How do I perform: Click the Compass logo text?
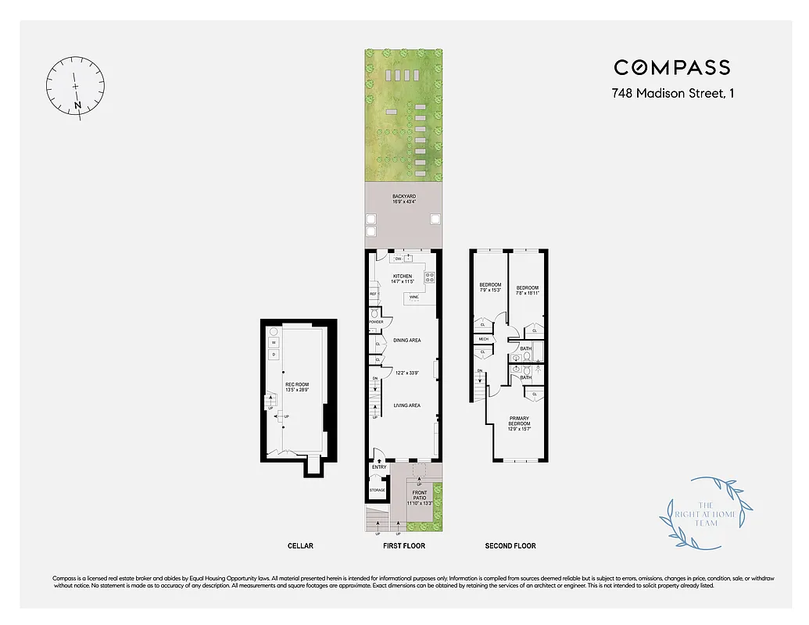[x=671, y=68]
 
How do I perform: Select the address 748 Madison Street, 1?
[x=672, y=94]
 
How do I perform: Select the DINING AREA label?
[x=407, y=340]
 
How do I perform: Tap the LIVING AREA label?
[x=407, y=405]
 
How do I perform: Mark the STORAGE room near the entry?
[x=378, y=490]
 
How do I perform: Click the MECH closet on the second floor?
[x=483, y=339]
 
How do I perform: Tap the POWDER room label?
[x=376, y=322]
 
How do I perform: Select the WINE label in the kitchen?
[x=414, y=298]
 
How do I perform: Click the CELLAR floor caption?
[x=300, y=545]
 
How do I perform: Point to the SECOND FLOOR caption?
[x=510, y=545]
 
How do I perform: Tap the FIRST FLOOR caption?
[x=404, y=545]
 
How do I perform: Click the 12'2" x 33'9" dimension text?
[x=407, y=373]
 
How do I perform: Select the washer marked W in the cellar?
[x=274, y=342]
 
